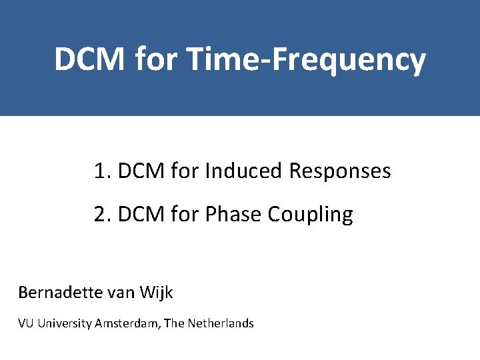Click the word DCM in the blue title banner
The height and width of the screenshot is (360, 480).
[x=89, y=59]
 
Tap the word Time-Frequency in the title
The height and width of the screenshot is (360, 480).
[x=307, y=59]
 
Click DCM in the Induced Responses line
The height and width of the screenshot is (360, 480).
[x=141, y=171]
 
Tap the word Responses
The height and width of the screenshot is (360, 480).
[x=340, y=171]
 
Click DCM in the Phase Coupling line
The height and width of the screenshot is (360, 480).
[x=141, y=215]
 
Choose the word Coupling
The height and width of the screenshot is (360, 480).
[x=310, y=215]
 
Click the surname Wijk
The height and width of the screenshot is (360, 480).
[x=159, y=293]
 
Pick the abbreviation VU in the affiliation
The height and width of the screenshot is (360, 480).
[x=26, y=324]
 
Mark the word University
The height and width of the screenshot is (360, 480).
[x=65, y=324]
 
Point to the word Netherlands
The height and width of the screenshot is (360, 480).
[x=221, y=324]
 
